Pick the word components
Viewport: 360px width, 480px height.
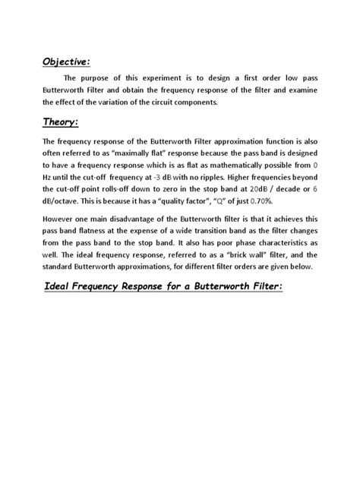[221, 102]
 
